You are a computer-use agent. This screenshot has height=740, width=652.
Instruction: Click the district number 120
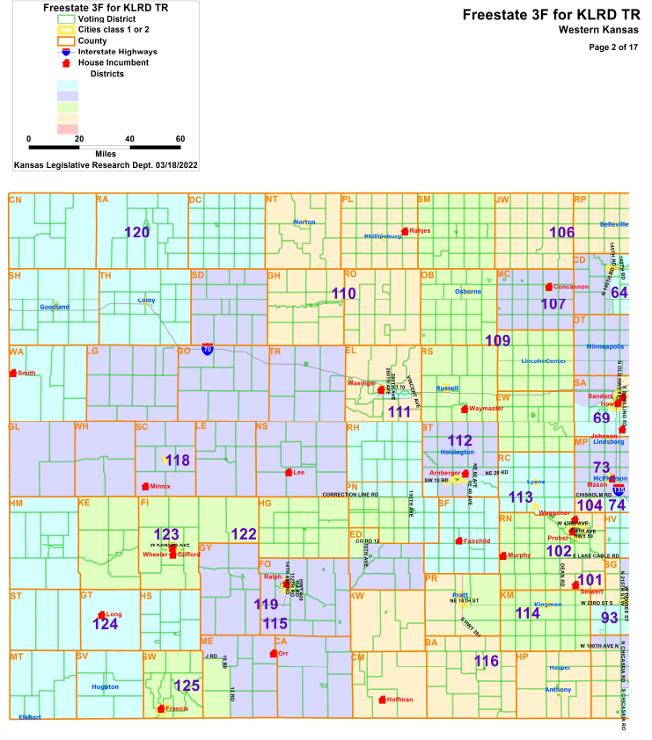137,233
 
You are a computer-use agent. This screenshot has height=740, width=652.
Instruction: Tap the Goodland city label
54,307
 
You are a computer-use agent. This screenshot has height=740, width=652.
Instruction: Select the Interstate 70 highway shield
208,349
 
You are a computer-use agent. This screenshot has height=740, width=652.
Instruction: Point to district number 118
178,461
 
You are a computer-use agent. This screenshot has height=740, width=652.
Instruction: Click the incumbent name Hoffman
399,700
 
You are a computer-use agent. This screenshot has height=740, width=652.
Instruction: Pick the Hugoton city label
105,686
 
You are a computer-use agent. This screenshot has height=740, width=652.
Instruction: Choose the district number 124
106,624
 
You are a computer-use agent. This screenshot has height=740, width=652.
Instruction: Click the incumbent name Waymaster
487,409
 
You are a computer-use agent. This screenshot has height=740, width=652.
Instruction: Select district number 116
487,660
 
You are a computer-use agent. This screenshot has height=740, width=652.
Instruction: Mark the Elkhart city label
29,718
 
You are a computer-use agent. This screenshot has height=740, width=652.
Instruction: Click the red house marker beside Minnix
145,486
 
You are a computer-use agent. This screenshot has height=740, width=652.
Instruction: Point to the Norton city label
304,222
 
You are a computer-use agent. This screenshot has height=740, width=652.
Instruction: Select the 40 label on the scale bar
130,139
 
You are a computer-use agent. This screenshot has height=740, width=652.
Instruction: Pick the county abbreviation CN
15,200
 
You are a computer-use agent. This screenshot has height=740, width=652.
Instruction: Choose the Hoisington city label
458,453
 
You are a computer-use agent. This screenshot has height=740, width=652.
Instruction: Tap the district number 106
561,232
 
